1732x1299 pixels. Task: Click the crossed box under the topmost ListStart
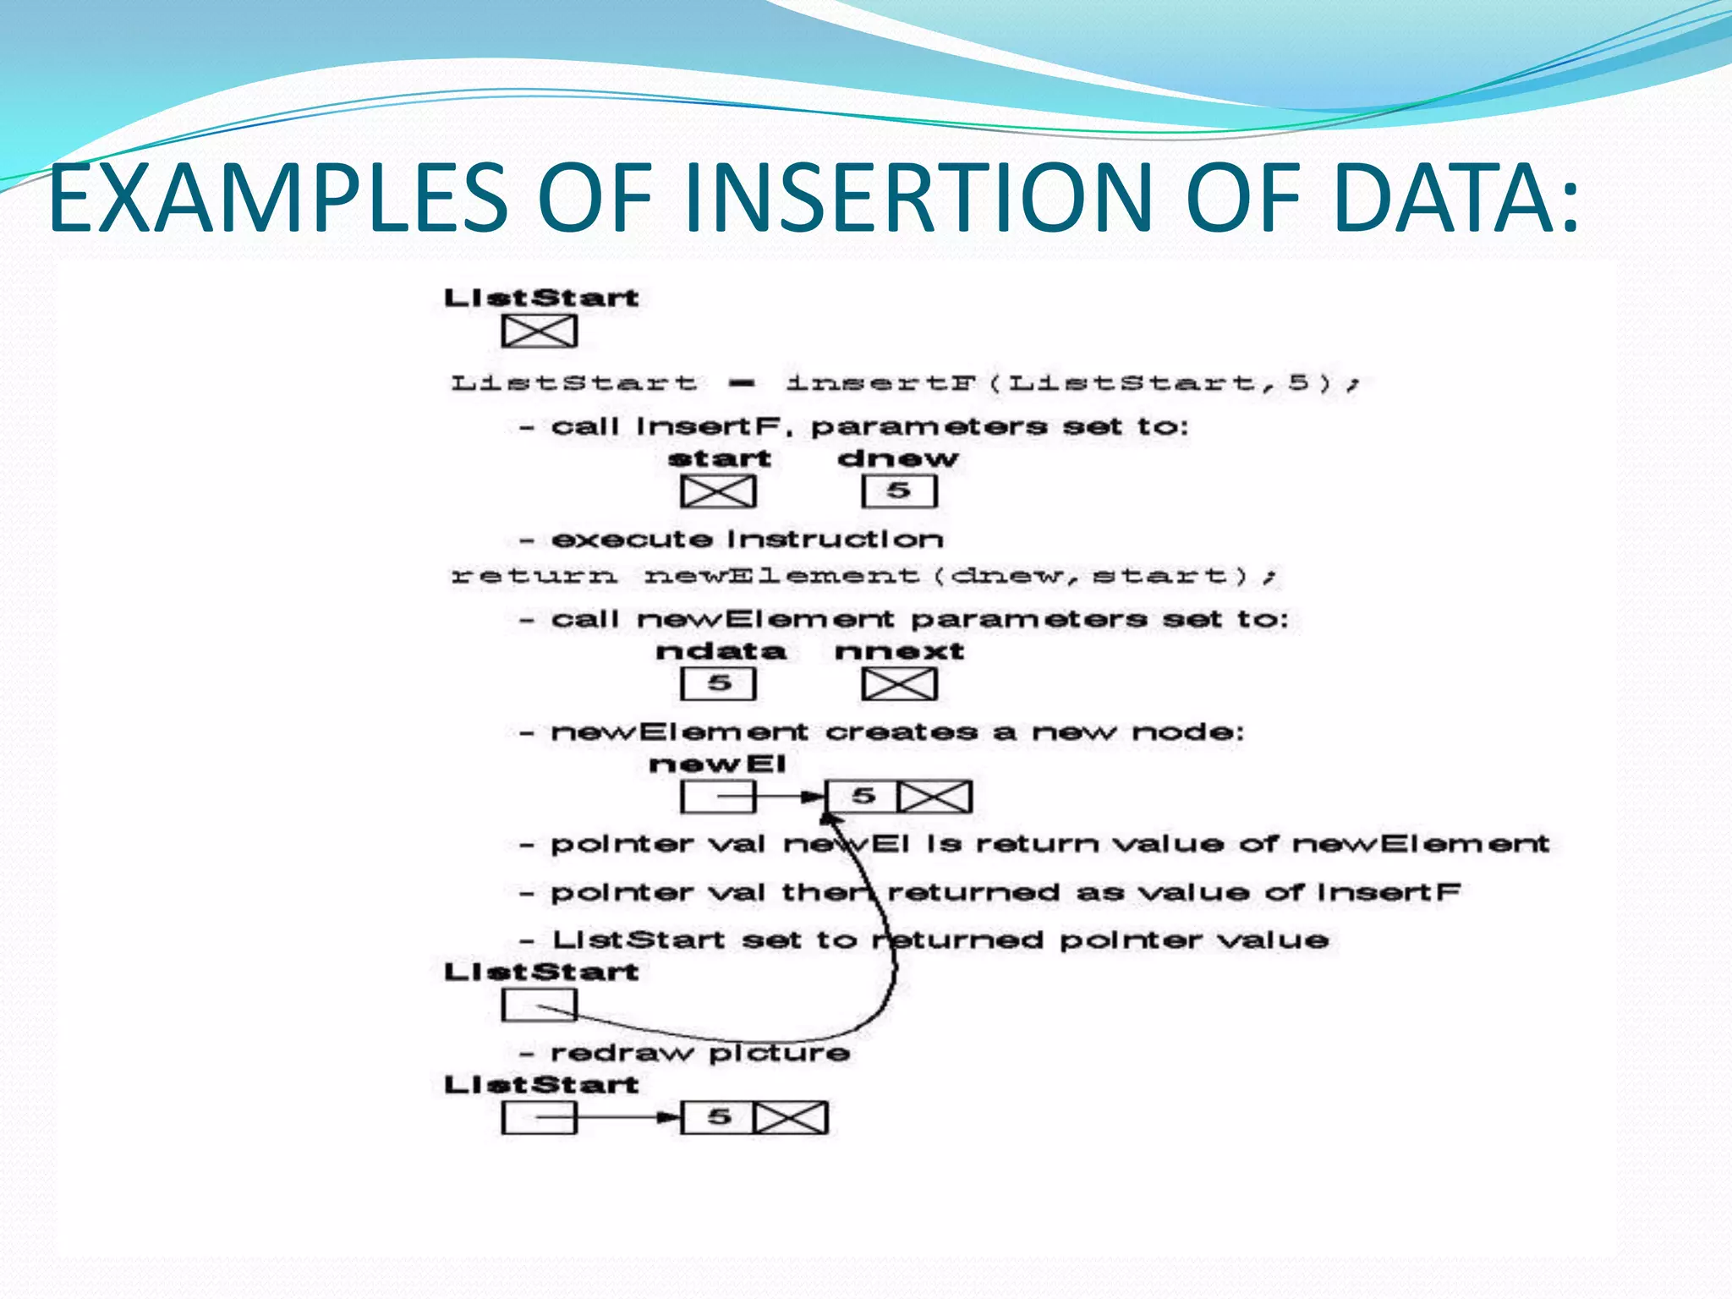[539, 331]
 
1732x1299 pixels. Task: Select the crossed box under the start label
[718, 491]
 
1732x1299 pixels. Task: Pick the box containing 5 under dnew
[899, 491]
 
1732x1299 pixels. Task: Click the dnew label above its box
[897, 459]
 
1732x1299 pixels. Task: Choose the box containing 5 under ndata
[718, 684]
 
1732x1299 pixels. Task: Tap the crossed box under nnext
[899, 684]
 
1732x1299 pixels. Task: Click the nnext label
[899, 651]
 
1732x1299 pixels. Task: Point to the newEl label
[717, 765]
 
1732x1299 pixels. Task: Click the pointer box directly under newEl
[718, 797]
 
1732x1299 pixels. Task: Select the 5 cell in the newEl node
[862, 797]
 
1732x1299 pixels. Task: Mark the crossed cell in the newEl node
[935, 797]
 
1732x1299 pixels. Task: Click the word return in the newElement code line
[533, 577]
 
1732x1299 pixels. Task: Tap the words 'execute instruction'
[747, 540]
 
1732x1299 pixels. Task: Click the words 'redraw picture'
[700, 1053]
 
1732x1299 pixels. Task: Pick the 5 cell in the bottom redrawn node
[718, 1117]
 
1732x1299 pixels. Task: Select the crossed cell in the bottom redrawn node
[791, 1117]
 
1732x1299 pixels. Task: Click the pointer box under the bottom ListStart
[539, 1117]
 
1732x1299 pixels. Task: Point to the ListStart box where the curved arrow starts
[539, 1006]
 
